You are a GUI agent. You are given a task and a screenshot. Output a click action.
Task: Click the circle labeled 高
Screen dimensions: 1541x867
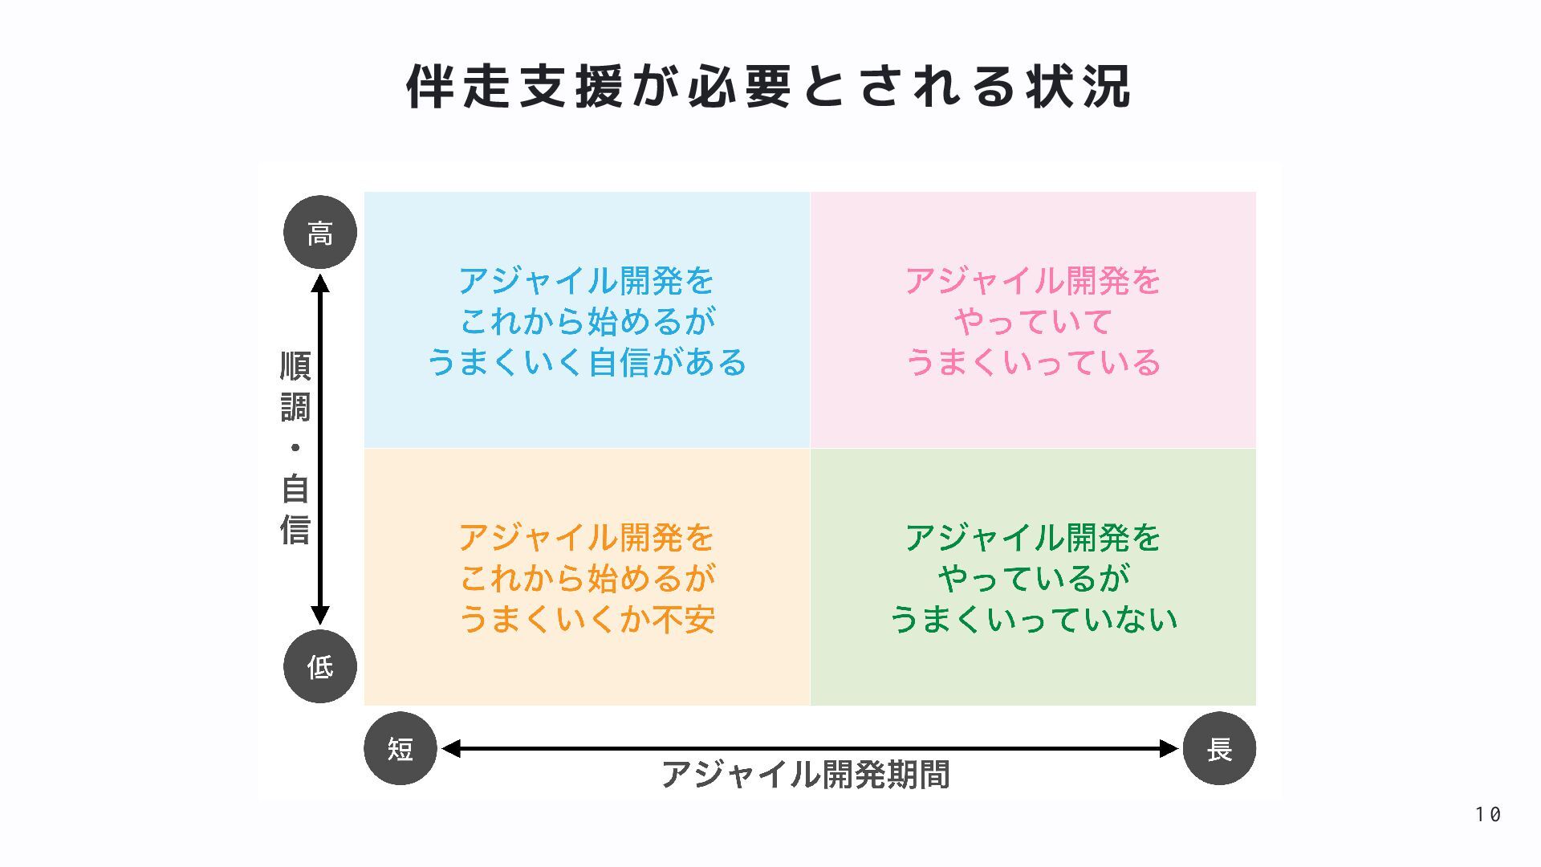320,233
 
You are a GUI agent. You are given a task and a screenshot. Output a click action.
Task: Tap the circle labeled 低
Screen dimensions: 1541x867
320,666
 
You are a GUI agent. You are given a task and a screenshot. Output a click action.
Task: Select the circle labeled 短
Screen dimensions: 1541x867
400,748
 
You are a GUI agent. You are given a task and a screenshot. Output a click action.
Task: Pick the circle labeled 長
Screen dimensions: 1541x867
1219,748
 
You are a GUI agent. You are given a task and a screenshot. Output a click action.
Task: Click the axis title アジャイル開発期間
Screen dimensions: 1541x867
805,775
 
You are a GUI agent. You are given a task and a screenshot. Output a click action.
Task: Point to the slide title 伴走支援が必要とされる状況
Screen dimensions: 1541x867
769,86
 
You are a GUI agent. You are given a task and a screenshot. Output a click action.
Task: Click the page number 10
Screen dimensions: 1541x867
1487,814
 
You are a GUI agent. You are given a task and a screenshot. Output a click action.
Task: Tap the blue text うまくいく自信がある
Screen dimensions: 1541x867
587,362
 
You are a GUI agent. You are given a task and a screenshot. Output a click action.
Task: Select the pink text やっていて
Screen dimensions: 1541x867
1033,322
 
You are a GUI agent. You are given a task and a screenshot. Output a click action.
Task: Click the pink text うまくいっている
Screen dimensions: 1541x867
1033,362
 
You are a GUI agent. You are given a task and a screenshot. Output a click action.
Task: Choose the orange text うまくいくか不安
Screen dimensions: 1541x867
587,619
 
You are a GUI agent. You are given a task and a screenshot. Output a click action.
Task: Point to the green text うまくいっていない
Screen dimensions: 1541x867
1033,619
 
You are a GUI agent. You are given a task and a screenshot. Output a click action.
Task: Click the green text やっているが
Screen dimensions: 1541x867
1033,578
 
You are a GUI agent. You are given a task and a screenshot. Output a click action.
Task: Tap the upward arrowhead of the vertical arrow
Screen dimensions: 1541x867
320,283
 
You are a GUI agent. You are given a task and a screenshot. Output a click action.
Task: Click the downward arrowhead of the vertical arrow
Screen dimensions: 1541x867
320,615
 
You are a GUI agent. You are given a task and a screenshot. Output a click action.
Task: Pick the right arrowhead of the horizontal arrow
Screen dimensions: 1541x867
1169,748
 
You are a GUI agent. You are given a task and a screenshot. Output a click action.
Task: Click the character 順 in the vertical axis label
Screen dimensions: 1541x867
295,366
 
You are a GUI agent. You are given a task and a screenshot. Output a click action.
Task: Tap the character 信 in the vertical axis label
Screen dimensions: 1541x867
295,530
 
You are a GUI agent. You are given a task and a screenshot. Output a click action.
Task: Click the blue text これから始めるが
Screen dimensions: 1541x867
587,322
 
